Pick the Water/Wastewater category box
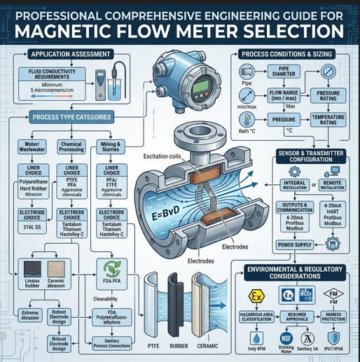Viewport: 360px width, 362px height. click(x=29, y=147)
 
